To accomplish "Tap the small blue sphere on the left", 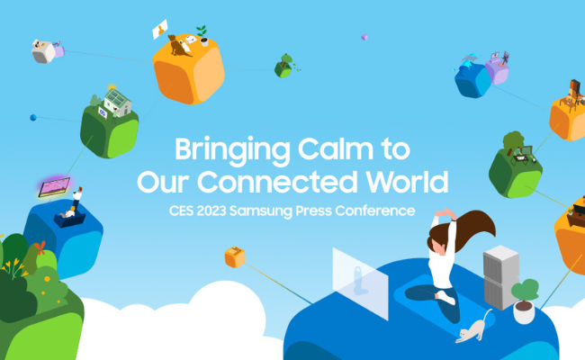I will coord(33,117).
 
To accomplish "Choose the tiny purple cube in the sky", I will coord(364,38).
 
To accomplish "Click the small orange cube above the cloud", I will coord(234,257).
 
